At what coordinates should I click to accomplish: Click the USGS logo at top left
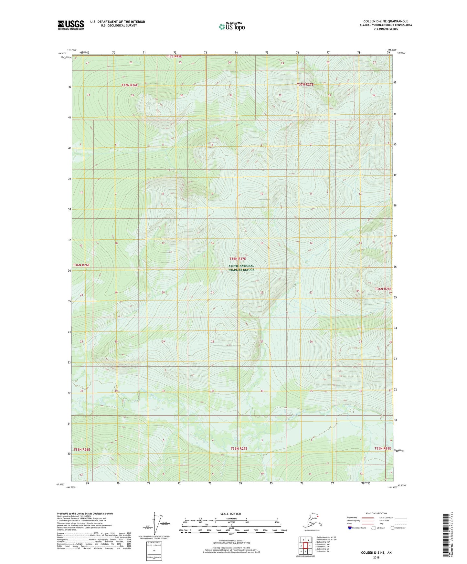70,25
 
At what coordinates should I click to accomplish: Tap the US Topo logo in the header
231,26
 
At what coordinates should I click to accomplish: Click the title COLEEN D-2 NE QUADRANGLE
386,21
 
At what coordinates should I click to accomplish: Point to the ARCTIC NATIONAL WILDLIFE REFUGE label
241,267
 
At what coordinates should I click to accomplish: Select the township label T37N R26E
130,85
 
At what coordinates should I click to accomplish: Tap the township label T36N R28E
383,289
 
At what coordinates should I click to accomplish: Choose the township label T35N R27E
239,449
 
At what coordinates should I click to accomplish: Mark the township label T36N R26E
81,265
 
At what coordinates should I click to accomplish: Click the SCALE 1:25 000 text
230,514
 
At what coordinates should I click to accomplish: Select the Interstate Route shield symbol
350,528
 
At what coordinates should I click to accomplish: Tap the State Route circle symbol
393,528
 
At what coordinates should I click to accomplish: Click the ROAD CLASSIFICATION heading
376,513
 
